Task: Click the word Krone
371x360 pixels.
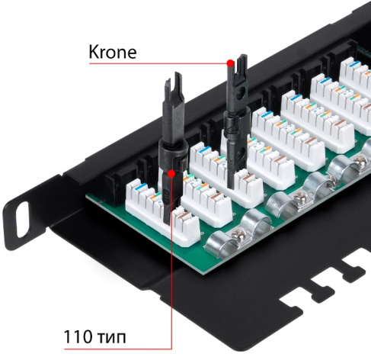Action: click(113, 52)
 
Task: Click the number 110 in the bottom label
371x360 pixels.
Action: click(78, 336)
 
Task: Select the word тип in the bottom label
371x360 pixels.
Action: click(111, 338)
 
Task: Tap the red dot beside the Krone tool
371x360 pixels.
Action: click(230, 63)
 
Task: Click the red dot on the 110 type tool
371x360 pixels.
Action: click(171, 174)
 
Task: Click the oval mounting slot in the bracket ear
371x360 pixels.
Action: click(23, 220)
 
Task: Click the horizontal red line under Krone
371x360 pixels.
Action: click(158, 63)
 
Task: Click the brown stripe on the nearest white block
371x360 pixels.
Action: click(185, 216)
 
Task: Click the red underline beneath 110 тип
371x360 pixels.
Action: click(118, 349)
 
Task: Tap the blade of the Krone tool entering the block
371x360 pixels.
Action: click(230, 173)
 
